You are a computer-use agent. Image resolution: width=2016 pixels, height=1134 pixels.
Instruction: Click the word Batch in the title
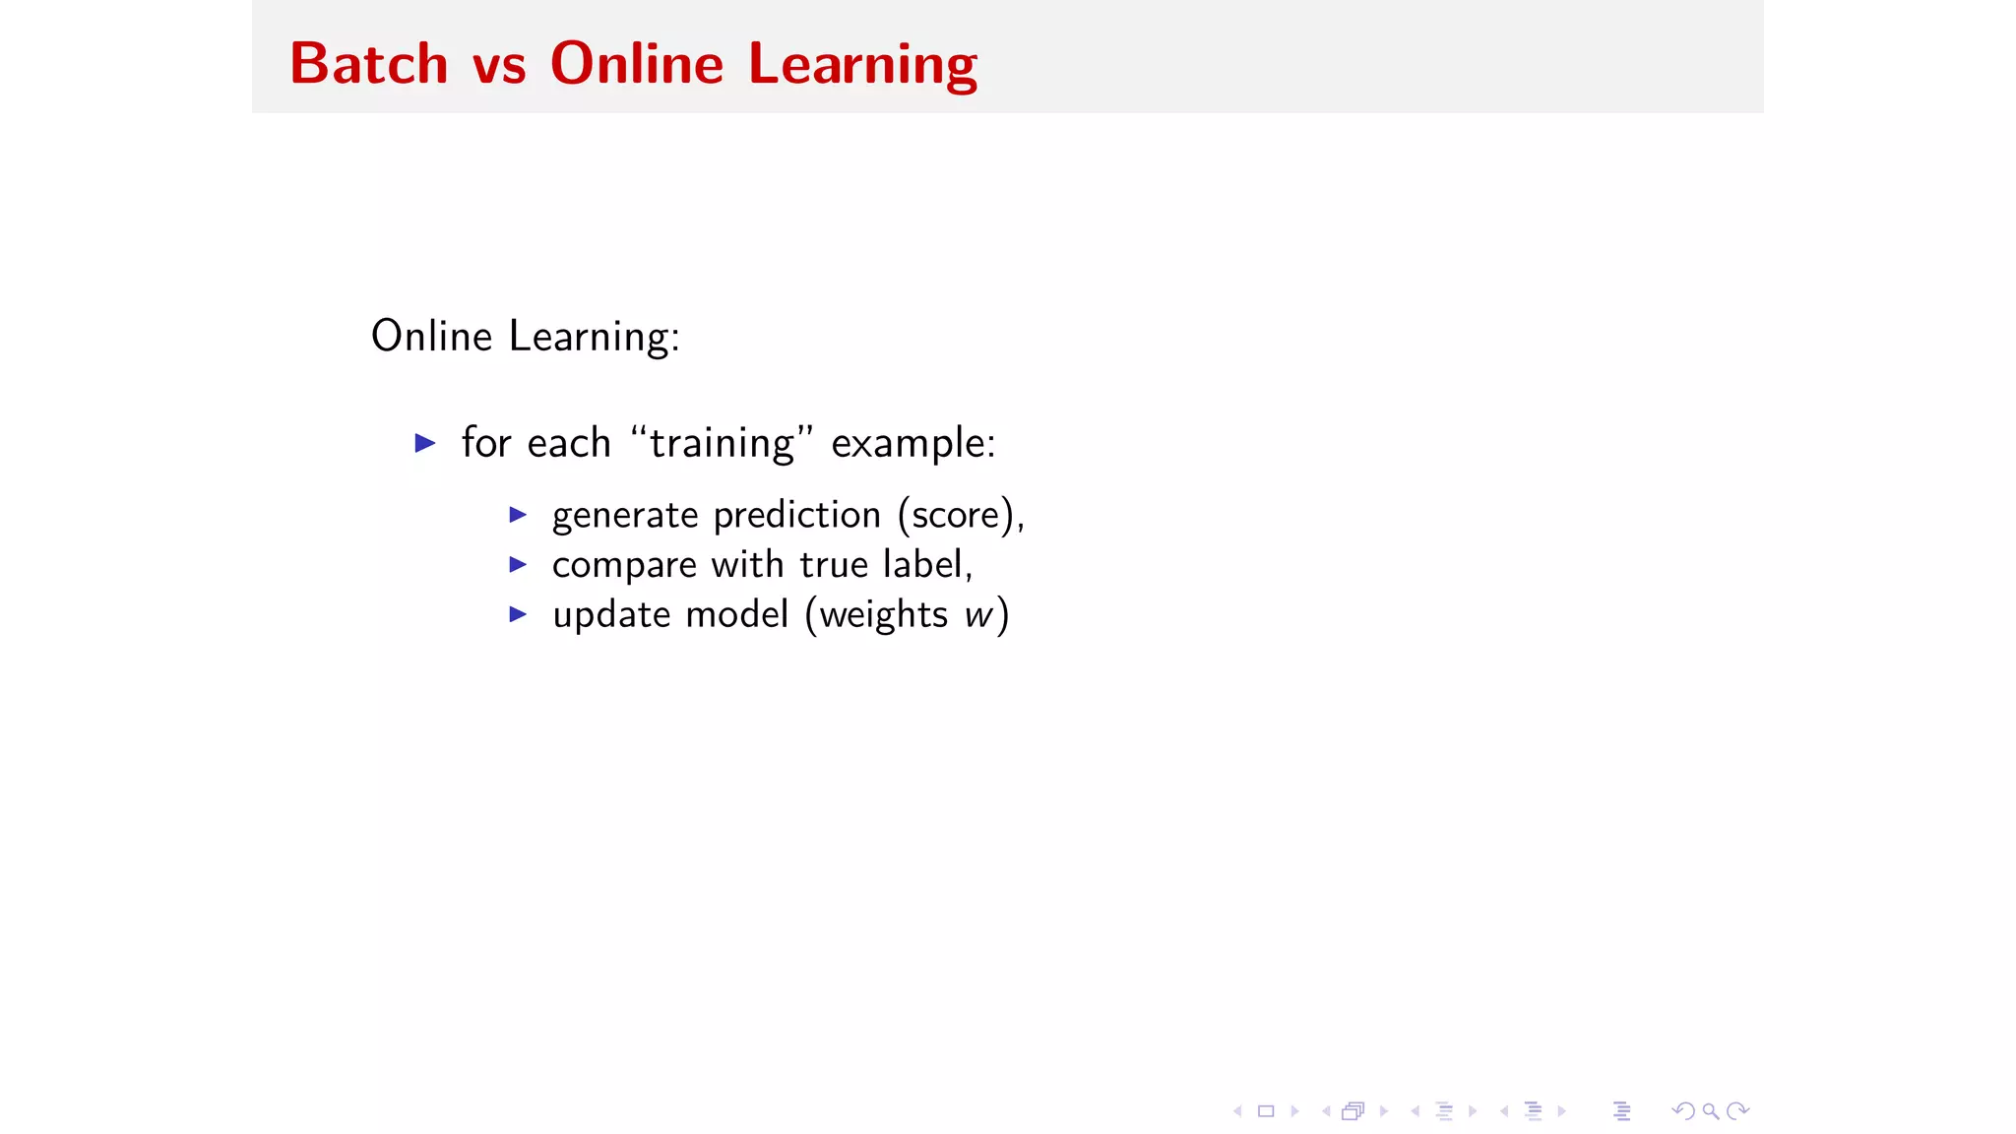pyautogui.click(x=369, y=64)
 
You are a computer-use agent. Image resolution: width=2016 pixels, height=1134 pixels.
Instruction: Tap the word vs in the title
pyautogui.click(x=499, y=66)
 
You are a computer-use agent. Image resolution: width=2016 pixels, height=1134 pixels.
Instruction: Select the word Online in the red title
pyautogui.click(x=637, y=64)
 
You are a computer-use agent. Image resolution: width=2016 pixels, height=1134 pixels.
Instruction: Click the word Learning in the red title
pyautogui.click(x=862, y=66)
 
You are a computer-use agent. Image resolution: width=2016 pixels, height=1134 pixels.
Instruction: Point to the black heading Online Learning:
pyautogui.click(x=525, y=337)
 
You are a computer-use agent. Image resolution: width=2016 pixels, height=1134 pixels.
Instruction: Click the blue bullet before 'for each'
pyautogui.click(x=425, y=443)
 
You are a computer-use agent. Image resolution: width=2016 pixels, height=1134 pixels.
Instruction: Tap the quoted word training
pyautogui.click(x=722, y=444)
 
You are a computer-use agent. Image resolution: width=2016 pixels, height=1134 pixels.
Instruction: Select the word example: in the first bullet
pyautogui.click(x=913, y=444)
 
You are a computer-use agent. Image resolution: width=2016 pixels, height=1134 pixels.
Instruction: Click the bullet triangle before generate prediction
pyautogui.click(x=519, y=515)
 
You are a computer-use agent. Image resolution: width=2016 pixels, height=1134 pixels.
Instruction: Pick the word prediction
pyautogui.click(x=796, y=516)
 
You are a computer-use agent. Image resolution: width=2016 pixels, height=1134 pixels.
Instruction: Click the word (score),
pyautogui.click(x=961, y=516)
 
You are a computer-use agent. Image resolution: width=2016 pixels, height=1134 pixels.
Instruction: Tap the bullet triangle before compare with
pyautogui.click(x=519, y=564)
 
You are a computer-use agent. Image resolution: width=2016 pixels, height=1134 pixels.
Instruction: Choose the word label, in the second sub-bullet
pyautogui.click(x=927, y=565)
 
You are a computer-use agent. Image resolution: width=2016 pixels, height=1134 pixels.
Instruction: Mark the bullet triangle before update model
pyautogui.click(x=519, y=614)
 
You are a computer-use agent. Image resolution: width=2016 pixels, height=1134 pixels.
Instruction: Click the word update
pyautogui.click(x=610, y=615)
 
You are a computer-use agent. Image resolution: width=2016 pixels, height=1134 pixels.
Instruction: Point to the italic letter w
pyautogui.click(x=978, y=615)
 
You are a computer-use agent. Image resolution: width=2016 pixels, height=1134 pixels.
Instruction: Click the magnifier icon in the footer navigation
pyautogui.click(x=1711, y=1111)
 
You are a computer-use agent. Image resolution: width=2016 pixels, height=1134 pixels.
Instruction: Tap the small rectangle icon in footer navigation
pyautogui.click(x=1266, y=1111)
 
